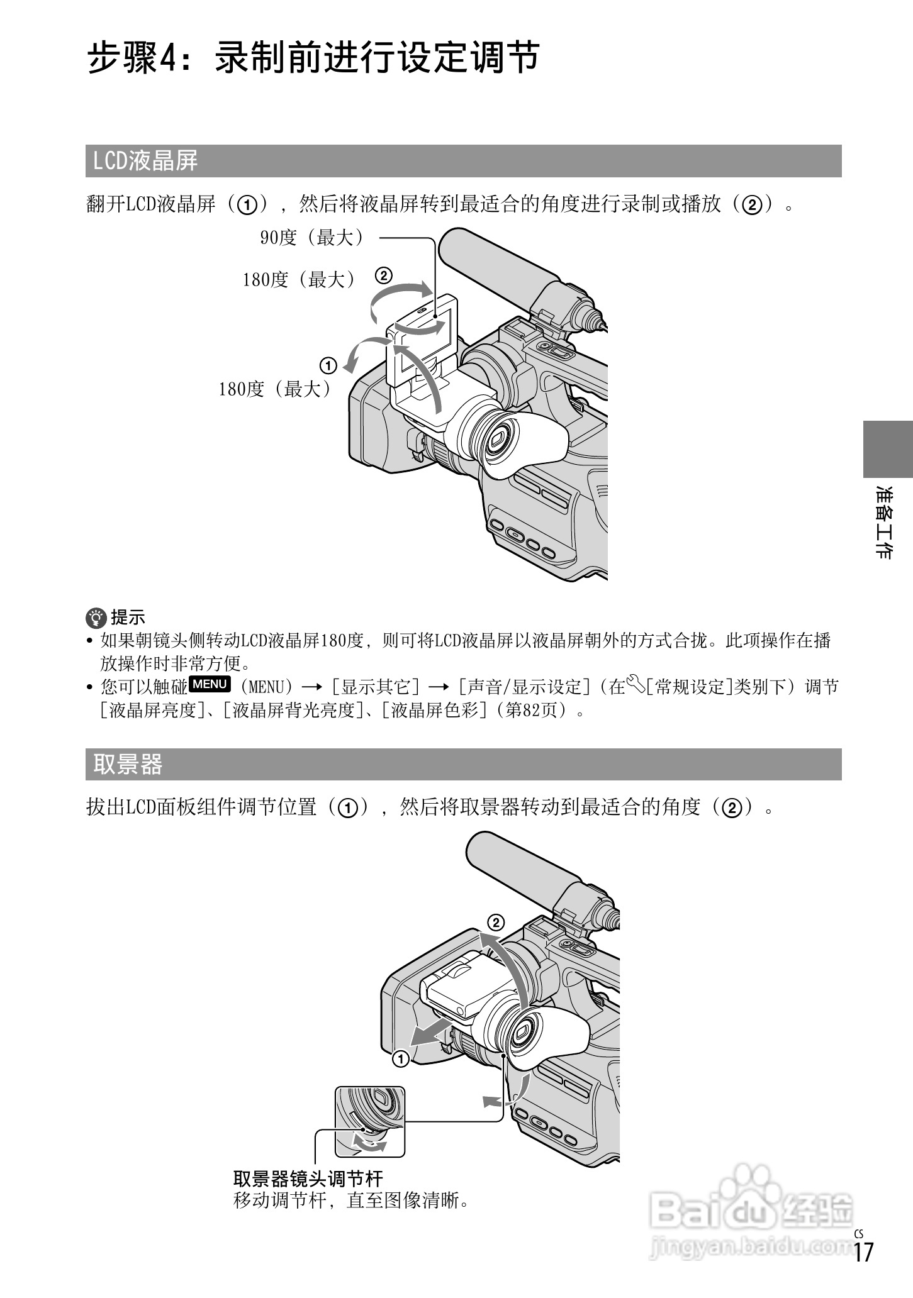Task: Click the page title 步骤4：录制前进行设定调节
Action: pyautogui.click(x=313, y=58)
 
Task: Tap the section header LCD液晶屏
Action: pyautogui.click(x=145, y=161)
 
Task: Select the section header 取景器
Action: pyautogui.click(x=128, y=764)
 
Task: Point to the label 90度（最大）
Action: pyautogui.click(x=312, y=238)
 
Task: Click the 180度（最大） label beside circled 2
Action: pyautogui.click(x=300, y=280)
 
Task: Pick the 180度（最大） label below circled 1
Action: pyautogui.click(x=275, y=389)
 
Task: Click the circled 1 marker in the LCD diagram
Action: pyautogui.click(x=328, y=365)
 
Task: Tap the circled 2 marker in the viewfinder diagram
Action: pyautogui.click(x=496, y=923)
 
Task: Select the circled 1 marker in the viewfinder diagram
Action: pyautogui.click(x=401, y=1059)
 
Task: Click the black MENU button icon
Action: pyautogui.click(x=210, y=684)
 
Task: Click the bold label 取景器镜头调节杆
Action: pyautogui.click(x=308, y=1178)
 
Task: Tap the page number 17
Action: pyautogui.click(x=863, y=1269)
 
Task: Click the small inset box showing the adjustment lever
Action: pyautogui.click(x=370, y=1121)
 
